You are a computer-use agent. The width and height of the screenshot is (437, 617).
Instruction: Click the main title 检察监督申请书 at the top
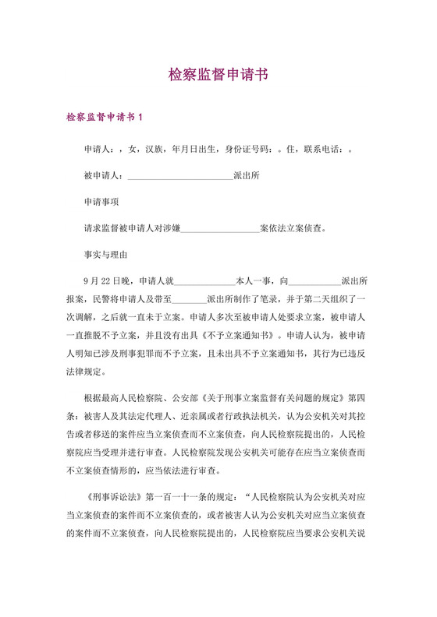coord(218,76)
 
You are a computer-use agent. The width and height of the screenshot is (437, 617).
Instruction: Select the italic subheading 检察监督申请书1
coord(105,118)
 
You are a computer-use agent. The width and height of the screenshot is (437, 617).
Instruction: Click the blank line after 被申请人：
coord(180,175)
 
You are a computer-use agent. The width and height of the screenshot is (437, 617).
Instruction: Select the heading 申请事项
coord(101,202)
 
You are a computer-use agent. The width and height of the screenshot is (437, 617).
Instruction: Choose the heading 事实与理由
coord(105,255)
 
